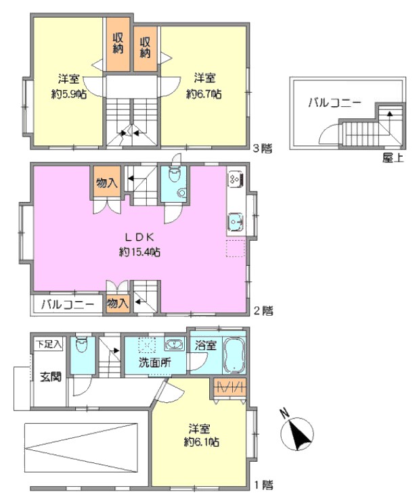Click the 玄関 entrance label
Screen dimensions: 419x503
point(50,377)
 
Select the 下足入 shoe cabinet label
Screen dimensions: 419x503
point(49,345)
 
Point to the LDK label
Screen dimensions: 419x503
point(139,237)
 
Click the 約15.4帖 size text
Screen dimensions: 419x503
point(139,252)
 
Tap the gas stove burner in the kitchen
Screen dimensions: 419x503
point(236,179)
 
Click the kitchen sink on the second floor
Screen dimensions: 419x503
point(236,221)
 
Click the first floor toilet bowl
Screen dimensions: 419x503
point(83,346)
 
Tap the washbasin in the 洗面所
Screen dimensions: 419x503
point(174,345)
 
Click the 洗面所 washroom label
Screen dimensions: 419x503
point(154,363)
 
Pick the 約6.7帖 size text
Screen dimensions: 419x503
point(204,95)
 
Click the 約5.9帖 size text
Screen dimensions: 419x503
point(69,95)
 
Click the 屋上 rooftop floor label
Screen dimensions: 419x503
point(393,157)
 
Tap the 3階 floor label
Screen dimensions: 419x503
point(263,148)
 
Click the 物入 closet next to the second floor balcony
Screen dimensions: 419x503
point(118,303)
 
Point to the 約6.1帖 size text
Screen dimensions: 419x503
point(202,442)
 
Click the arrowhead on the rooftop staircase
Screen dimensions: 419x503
point(390,114)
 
